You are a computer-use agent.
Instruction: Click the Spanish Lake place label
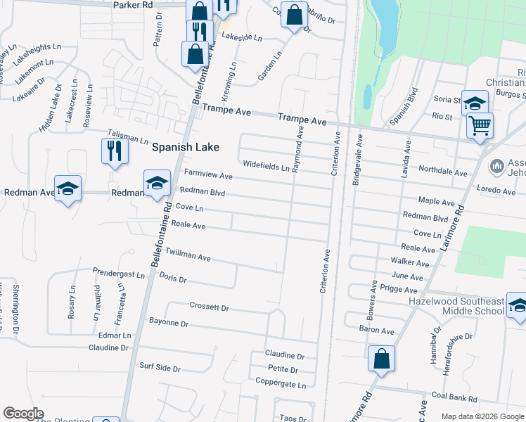186,148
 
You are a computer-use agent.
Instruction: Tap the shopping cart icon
480,126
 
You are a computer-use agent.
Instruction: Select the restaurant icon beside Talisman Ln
115,151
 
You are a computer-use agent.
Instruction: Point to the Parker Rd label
133,5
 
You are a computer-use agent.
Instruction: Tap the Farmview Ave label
208,174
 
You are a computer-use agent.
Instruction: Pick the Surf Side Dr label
160,368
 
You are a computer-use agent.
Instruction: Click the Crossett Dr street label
210,307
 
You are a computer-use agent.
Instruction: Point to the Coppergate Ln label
281,385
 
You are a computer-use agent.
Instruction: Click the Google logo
23,414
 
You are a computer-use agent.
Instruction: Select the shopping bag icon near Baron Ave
380,359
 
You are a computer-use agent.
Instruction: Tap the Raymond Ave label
299,146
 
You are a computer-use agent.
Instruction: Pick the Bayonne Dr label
169,324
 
